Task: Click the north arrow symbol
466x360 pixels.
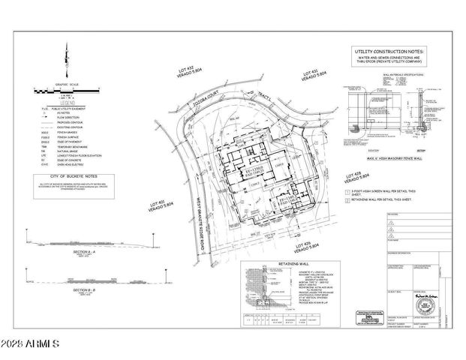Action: [x=67, y=58]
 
